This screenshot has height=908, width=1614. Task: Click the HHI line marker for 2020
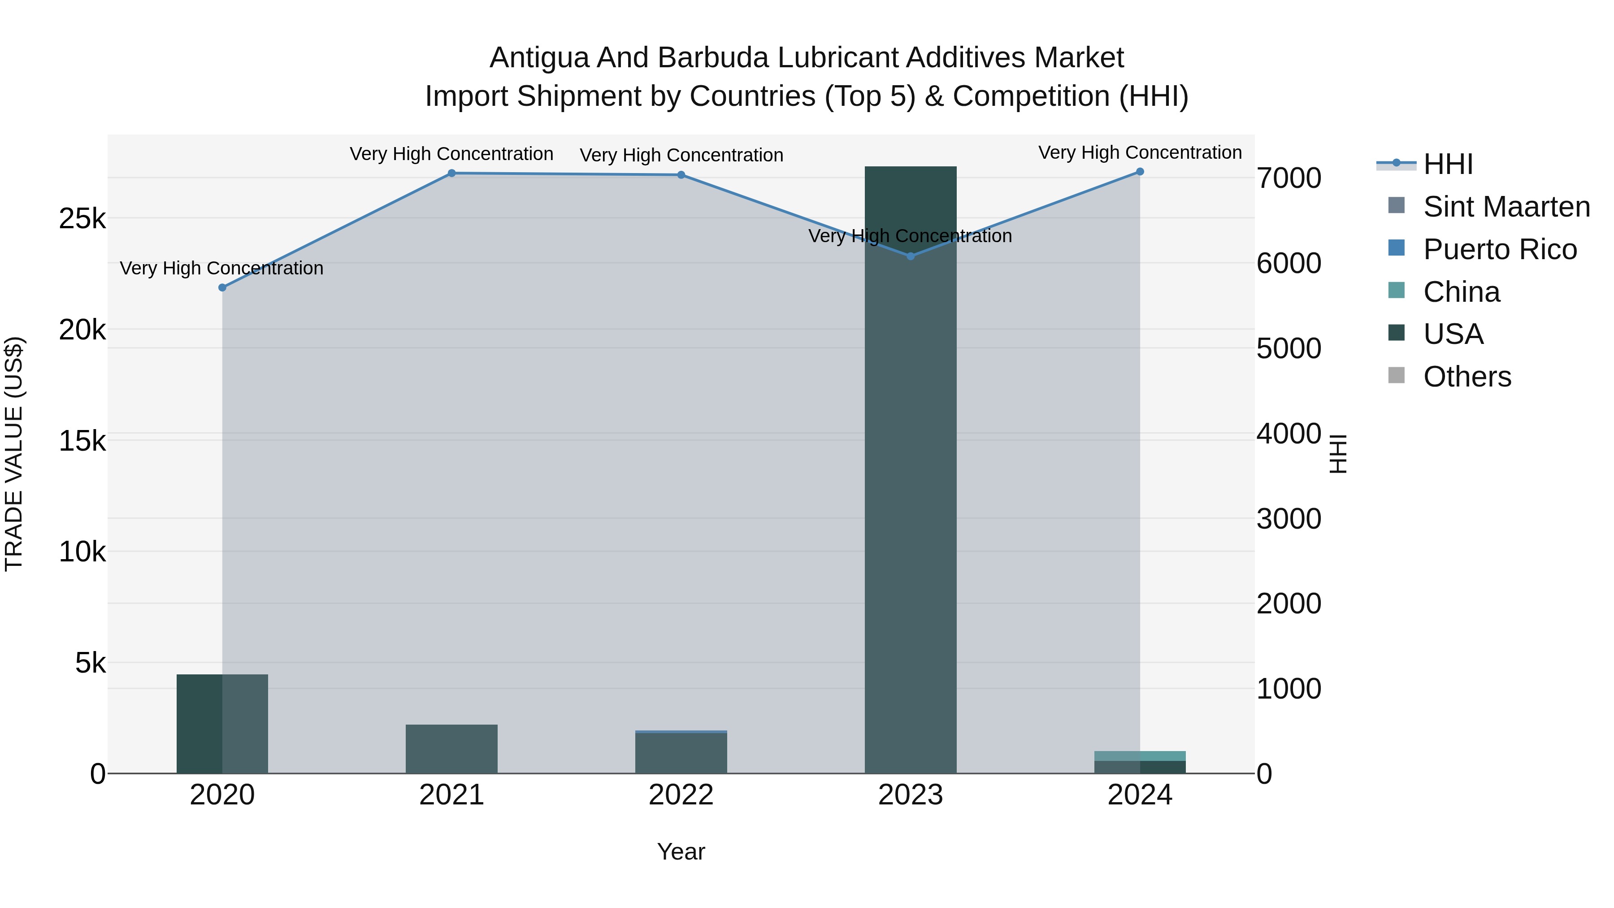222,287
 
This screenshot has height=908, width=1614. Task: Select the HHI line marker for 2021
452,174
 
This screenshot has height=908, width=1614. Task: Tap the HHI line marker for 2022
681,175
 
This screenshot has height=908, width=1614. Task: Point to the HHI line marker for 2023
911,256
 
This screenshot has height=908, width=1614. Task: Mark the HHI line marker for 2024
1140,172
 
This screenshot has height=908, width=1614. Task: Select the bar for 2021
452,749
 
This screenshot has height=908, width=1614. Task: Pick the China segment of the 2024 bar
1140,756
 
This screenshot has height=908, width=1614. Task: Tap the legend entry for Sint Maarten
1506,207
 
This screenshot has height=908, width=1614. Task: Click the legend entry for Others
1467,377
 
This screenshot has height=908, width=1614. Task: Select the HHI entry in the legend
1447,164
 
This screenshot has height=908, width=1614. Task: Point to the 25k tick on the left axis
82,219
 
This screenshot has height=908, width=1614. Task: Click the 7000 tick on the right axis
1289,178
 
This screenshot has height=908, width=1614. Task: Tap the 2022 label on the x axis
681,795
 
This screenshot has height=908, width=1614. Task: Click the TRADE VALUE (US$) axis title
14,454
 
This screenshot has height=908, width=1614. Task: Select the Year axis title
681,852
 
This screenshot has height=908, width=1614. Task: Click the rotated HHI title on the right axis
1338,454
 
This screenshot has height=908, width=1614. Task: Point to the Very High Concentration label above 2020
222,268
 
